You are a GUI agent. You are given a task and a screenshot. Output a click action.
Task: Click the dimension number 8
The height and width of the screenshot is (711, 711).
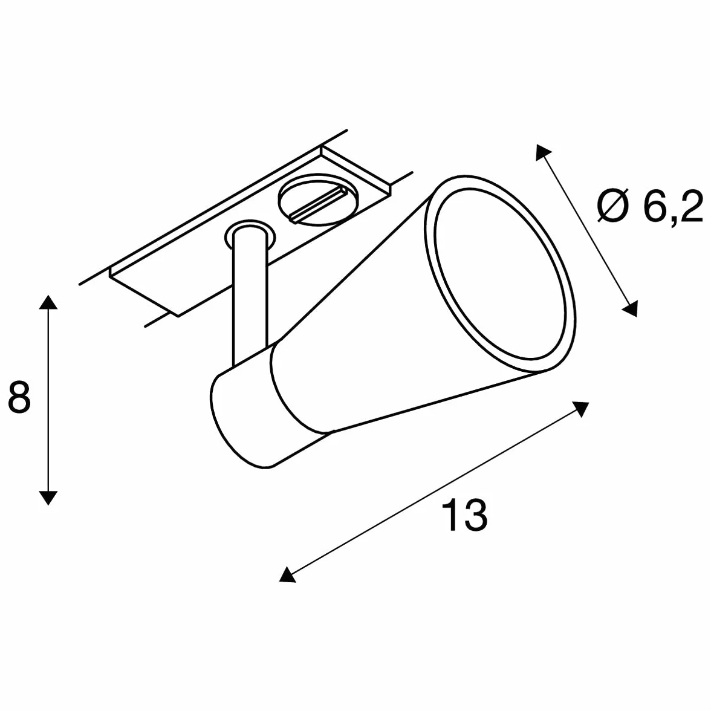(x=19, y=397)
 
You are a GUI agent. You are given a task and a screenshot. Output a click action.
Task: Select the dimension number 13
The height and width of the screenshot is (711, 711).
(x=464, y=515)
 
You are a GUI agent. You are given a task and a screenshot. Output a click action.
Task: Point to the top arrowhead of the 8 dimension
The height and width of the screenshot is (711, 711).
(x=48, y=302)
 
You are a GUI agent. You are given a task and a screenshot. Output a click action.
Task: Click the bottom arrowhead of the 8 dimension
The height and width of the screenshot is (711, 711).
(x=48, y=498)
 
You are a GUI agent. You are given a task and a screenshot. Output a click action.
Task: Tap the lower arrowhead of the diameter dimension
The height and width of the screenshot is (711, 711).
(x=630, y=308)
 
